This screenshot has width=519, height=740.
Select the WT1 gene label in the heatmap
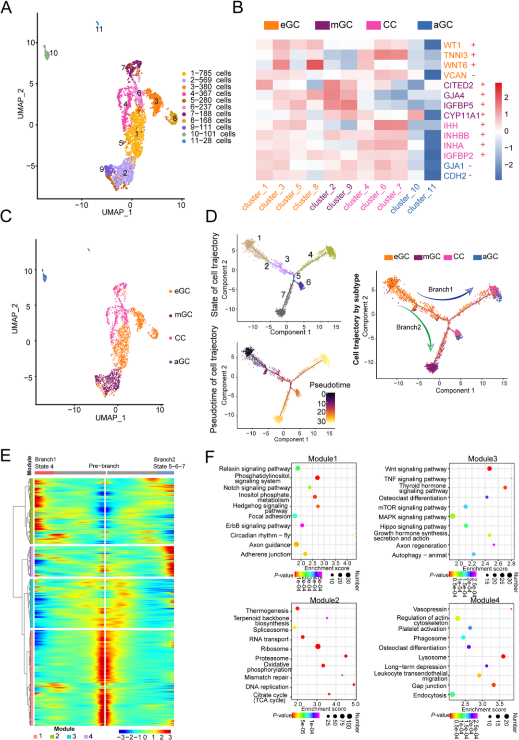[x=452, y=45]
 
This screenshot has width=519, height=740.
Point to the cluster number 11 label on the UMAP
[x=99, y=29]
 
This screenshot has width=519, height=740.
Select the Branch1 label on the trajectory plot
[x=440, y=290]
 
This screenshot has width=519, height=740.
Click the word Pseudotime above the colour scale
[x=330, y=385]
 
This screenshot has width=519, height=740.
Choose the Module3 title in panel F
[x=482, y=459]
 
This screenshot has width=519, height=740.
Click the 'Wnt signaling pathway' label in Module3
[x=416, y=469]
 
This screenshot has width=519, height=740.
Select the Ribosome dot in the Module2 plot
[x=318, y=647]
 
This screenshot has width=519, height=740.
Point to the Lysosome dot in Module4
[x=503, y=656]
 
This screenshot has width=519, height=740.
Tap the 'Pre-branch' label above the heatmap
[x=104, y=466]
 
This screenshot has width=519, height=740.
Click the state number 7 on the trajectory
[x=283, y=294]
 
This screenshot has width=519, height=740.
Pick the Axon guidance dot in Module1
[x=297, y=544]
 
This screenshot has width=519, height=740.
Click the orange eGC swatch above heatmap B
[x=271, y=25]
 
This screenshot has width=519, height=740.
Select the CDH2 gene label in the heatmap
[x=455, y=176]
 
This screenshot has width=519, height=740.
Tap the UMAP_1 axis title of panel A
[x=117, y=212]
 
